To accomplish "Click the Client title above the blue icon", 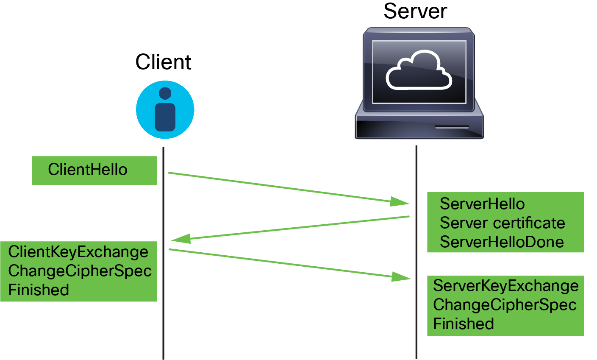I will [x=163, y=62].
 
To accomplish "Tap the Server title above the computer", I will [x=415, y=11].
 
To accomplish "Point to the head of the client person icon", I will [x=165, y=93].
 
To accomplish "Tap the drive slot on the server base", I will [x=452, y=127].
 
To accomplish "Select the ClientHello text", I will [x=88, y=170].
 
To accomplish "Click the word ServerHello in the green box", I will [x=482, y=204].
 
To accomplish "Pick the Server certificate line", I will [x=502, y=223].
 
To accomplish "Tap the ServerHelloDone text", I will [x=502, y=242].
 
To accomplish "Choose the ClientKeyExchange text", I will [x=78, y=252].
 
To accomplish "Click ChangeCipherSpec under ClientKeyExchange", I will [x=80, y=271].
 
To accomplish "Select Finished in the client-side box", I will [x=39, y=290].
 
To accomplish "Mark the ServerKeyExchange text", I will [x=505, y=286].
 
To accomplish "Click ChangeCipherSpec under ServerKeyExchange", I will [x=505, y=305].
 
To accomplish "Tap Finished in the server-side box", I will [x=464, y=324].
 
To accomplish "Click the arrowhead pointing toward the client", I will [x=180, y=239].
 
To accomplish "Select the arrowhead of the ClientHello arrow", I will [x=400, y=201].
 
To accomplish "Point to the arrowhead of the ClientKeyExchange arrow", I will [x=401, y=277].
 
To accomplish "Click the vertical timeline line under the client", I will [x=163, y=322].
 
